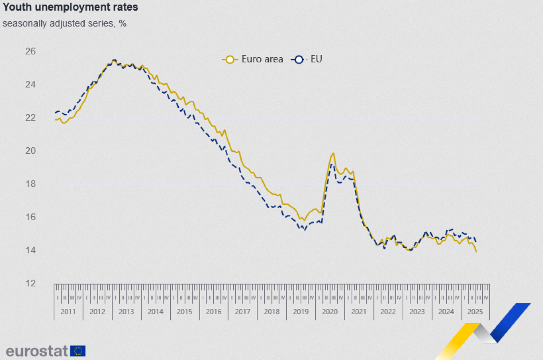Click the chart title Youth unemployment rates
[x=70, y=8]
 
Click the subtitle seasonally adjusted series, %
[x=64, y=24]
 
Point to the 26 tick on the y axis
[x=43, y=51]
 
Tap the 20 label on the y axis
[x=43, y=151]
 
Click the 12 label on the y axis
[x=43, y=283]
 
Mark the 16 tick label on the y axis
[x=43, y=217]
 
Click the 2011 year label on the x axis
[x=68, y=312]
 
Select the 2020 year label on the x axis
[x=330, y=312]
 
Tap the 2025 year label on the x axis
[x=475, y=312]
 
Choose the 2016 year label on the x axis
[x=213, y=312]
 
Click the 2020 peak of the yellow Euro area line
[x=333, y=154]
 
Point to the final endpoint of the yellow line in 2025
[x=476, y=252]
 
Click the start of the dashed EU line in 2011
[x=55, y=113]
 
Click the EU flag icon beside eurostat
[x=78, y=351]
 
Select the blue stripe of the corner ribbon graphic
[x=510, y=322]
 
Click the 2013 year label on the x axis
[x=126, y=312]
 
